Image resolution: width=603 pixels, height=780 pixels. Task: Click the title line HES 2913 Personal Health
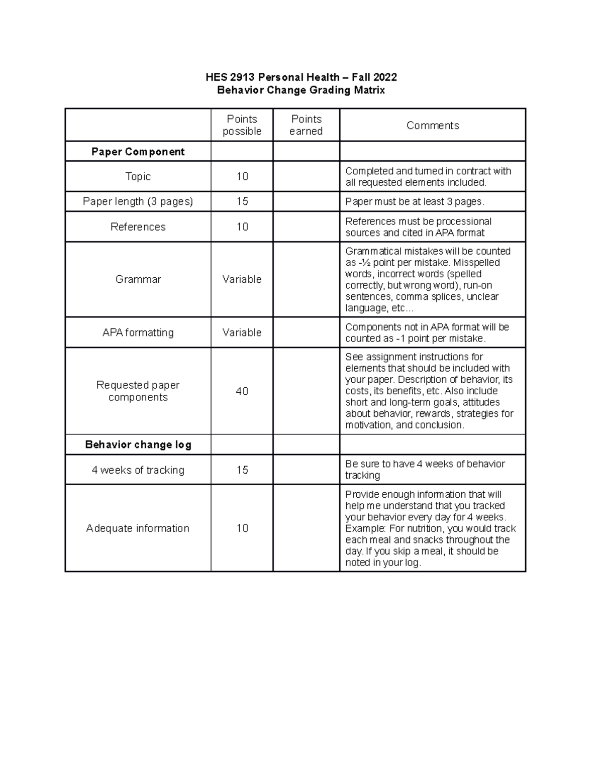tap(301, 77)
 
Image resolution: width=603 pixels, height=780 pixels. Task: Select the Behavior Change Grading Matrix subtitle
tap(301, 90)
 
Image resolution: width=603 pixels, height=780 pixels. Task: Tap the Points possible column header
tap(242, 125)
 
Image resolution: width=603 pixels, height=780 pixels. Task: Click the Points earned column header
tap(306, 125)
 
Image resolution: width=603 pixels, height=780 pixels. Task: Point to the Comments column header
tap(433, 126)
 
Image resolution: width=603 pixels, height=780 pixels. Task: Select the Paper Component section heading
tap(138, 152)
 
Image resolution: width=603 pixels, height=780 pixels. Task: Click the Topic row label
tap(138, 176)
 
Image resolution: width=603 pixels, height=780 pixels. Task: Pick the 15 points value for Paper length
tap(242, 201)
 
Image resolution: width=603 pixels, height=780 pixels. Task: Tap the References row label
tap(138, 227)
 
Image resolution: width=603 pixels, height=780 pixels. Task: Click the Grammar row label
tap(138, 279)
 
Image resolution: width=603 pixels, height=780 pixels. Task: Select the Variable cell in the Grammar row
tap(242, 279)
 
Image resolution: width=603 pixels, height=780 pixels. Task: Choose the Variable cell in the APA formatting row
tap(242, 332)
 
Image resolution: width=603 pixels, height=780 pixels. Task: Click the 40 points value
tap(242, 391)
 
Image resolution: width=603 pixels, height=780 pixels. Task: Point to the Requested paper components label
tap(138, 391)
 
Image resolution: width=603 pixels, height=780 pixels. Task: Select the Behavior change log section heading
tap(138, 444)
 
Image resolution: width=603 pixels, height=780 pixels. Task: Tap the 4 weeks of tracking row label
tap(138, 470)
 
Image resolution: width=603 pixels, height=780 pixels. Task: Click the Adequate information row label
tap(138, 528)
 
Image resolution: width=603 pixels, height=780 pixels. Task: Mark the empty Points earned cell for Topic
tap(306, 176)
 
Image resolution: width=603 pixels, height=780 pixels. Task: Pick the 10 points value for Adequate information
tap(242, 528)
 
